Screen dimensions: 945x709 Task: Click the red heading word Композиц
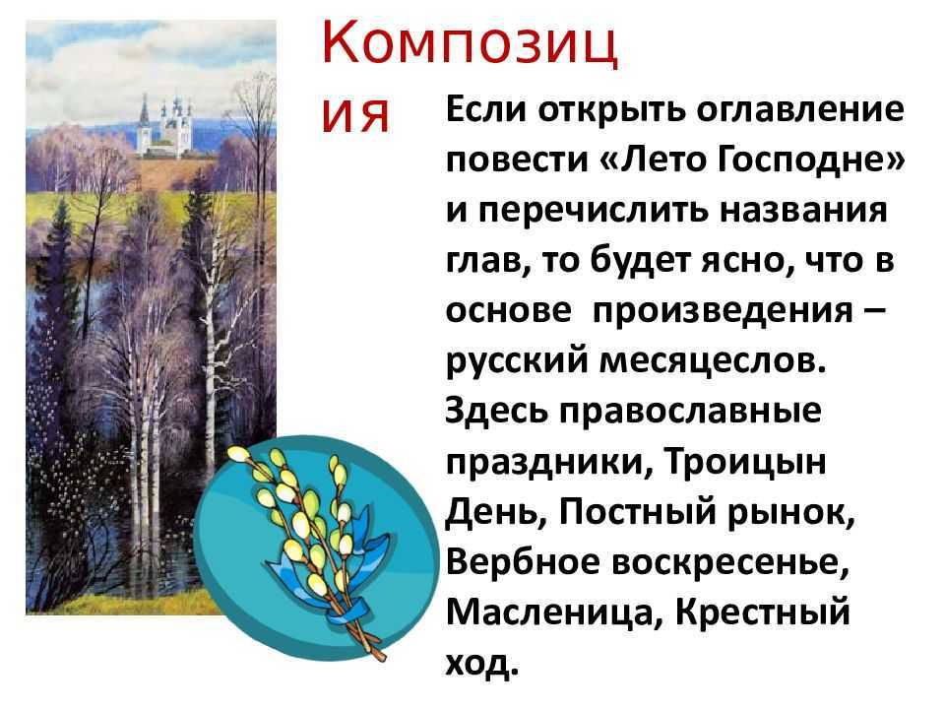pyautogui.click(x=471, y=44)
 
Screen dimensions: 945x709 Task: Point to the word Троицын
pyautogui.click(x=745, y=463)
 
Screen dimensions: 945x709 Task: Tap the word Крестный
pyautogui.click(x=762, y=612)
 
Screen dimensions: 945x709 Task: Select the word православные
pyautogui.click(x=691, y=413)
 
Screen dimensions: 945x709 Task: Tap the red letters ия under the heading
pyautogui.click(x=355, y=116)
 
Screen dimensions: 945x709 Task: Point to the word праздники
pyautogui.click(x=549, y=464)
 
